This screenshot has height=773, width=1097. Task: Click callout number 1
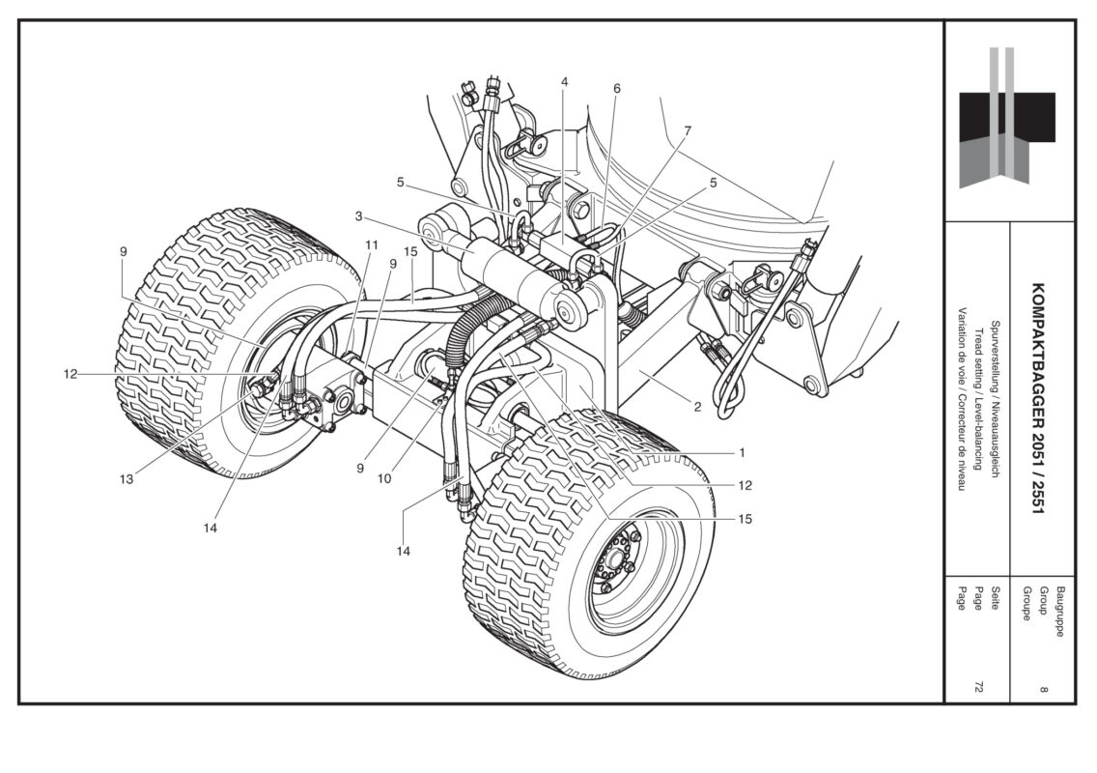pos(743,450)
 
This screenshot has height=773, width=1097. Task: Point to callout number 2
pos(696,407)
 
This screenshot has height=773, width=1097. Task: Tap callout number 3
pos(357,216)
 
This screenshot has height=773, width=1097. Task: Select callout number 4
pos(564,82)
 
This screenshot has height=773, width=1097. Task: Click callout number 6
pos(616,89)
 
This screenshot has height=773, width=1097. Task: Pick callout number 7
pos(688,130)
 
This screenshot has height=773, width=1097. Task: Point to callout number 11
pos(371,245)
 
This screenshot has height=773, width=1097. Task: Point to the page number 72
pos(978,686)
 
